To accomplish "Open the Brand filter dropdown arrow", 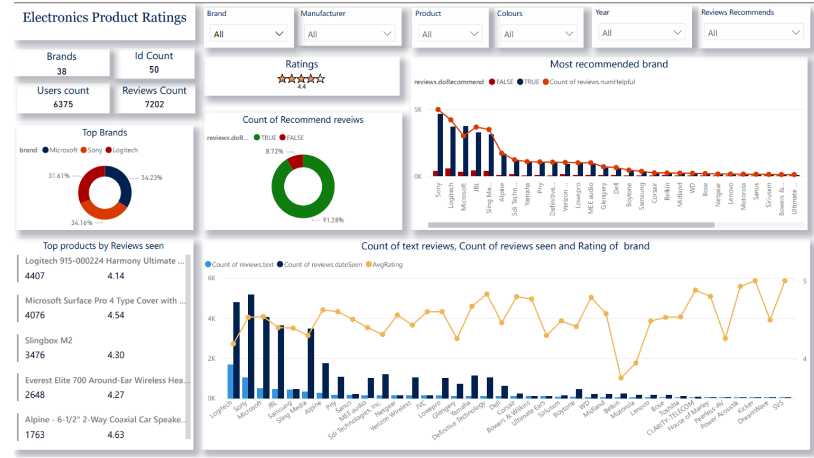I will point(279,34).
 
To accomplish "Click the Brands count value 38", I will point(61,72).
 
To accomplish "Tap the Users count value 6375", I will point(63,104).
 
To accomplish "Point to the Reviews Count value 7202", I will point(154,104).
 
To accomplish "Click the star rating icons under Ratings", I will point(301,78).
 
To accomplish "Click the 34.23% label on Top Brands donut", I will point(152,178).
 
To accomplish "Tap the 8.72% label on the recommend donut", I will point(275,151).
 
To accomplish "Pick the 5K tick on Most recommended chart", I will point(418,110).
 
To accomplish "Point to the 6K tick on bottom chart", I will point(211,278).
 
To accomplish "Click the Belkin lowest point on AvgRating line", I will point(621,377).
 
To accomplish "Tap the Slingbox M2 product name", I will point(48,341).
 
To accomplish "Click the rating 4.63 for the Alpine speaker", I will point(116,435).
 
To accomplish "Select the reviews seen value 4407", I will point(35,276).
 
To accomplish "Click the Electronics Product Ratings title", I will point(104,18).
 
